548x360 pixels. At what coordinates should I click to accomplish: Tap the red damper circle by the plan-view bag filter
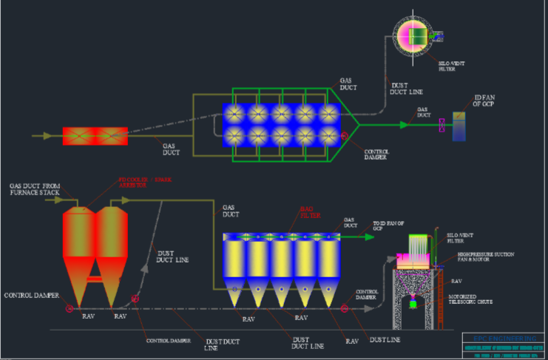click(x=345, y=136)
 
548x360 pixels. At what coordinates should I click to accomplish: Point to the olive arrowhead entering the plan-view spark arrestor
click(x=48, y=136)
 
